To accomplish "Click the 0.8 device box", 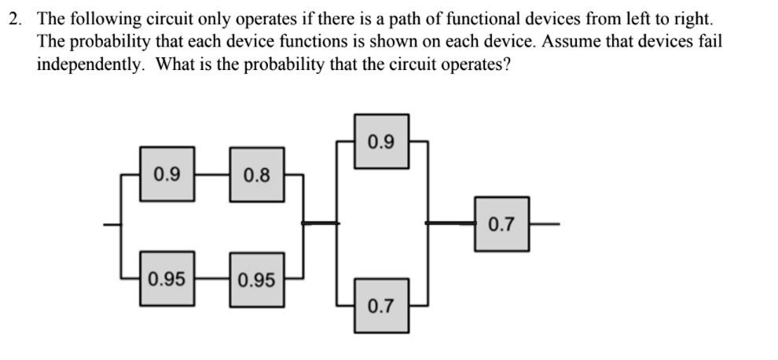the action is [257, 174].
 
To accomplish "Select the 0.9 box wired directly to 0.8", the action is [167, 174].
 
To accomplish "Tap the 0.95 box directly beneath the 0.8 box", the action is [257, 280].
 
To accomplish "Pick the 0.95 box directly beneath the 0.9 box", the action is [167, 278].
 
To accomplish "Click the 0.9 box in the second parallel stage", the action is [382, 141].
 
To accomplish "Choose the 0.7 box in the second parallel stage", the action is [382, 306].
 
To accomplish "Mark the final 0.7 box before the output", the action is [501, 224].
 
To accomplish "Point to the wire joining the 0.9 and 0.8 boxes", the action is [212, 174].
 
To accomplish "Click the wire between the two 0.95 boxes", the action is [212, 278].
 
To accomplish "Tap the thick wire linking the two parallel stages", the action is [321, 223].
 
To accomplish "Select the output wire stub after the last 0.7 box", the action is [545, 224].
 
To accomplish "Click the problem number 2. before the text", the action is [16, 19].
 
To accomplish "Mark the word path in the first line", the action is [406, 20].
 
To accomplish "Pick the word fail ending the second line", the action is [712, 41].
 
